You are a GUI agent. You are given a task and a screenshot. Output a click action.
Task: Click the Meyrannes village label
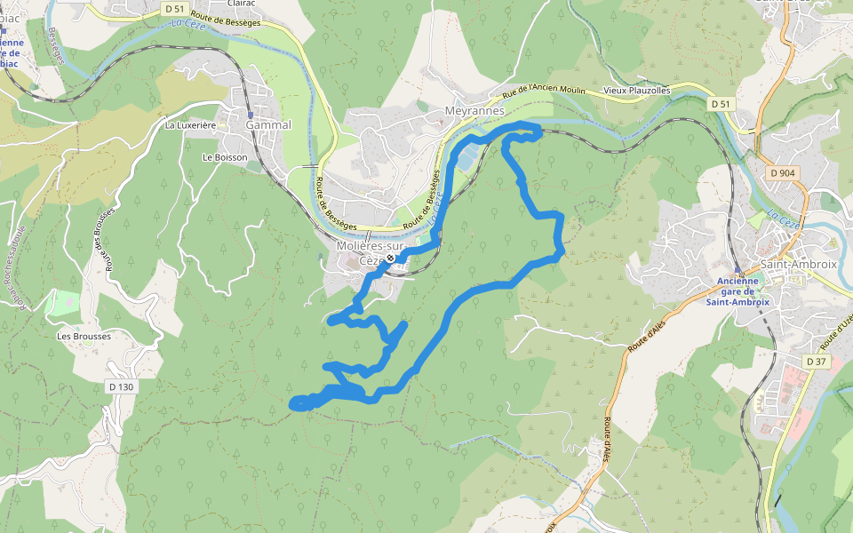474,111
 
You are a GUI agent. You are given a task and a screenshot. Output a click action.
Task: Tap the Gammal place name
267,125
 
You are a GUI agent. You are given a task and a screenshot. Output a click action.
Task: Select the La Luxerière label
191,125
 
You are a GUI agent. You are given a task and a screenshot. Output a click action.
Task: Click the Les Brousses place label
84,337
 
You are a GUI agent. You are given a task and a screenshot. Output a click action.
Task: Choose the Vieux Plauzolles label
637,91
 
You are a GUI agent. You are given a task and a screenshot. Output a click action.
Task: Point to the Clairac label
241,3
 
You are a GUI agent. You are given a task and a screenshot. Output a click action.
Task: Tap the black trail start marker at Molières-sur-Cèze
389,259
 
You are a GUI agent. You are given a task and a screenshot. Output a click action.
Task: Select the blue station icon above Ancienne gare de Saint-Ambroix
737,269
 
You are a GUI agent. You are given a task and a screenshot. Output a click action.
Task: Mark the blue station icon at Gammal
251,115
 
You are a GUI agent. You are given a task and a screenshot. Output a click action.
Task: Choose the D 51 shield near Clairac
174,8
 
